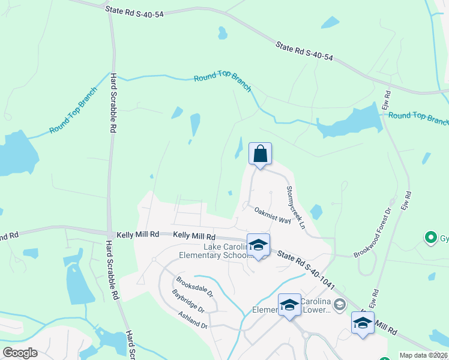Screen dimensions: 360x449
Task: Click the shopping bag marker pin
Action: click(x=260, y=155)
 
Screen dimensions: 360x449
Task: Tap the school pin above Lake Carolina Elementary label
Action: click(x=258, y=246)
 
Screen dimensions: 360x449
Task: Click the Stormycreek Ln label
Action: click(x=296, y=208)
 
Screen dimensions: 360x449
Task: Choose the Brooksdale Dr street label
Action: click(x=194, y=286)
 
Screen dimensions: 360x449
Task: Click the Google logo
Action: click(x=20, y=352)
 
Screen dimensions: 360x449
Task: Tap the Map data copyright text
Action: click(x=424, y=355)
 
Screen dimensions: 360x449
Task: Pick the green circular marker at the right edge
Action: click(x=430, y=238)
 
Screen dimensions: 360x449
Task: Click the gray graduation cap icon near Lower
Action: click(x=339, y=305)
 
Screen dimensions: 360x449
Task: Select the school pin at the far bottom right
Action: click(x=363, y=323)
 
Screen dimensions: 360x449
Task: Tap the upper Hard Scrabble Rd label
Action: click(x=113, y=103)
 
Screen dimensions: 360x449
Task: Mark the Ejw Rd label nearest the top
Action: click(x=387, y=100)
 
